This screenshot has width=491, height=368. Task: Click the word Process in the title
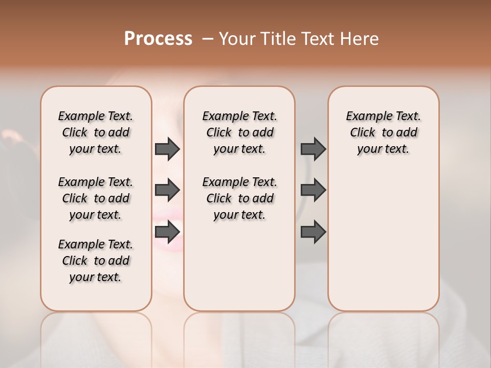click(158, 39)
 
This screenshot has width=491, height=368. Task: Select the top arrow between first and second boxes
click(167, 149)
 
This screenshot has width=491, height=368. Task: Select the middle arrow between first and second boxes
click(167, 190)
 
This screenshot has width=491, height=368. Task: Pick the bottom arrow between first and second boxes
click(167, 232)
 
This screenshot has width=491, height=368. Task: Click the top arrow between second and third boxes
click(313, 149)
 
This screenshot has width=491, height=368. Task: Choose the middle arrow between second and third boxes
click(313, 190)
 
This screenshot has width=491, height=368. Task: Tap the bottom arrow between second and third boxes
click(313, 232)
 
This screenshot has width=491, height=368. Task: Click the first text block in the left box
click(96, 132)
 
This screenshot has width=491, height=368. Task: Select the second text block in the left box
click(96, 198)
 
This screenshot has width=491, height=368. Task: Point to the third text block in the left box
click(96, 261)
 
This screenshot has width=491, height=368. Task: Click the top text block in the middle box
click(239, 132)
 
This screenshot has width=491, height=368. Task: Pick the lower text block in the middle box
click(239, 198)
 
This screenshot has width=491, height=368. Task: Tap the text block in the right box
click(383, 132)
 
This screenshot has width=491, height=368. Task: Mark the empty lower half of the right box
click(383, 245)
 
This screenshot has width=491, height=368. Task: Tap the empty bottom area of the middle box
click(239, 271)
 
